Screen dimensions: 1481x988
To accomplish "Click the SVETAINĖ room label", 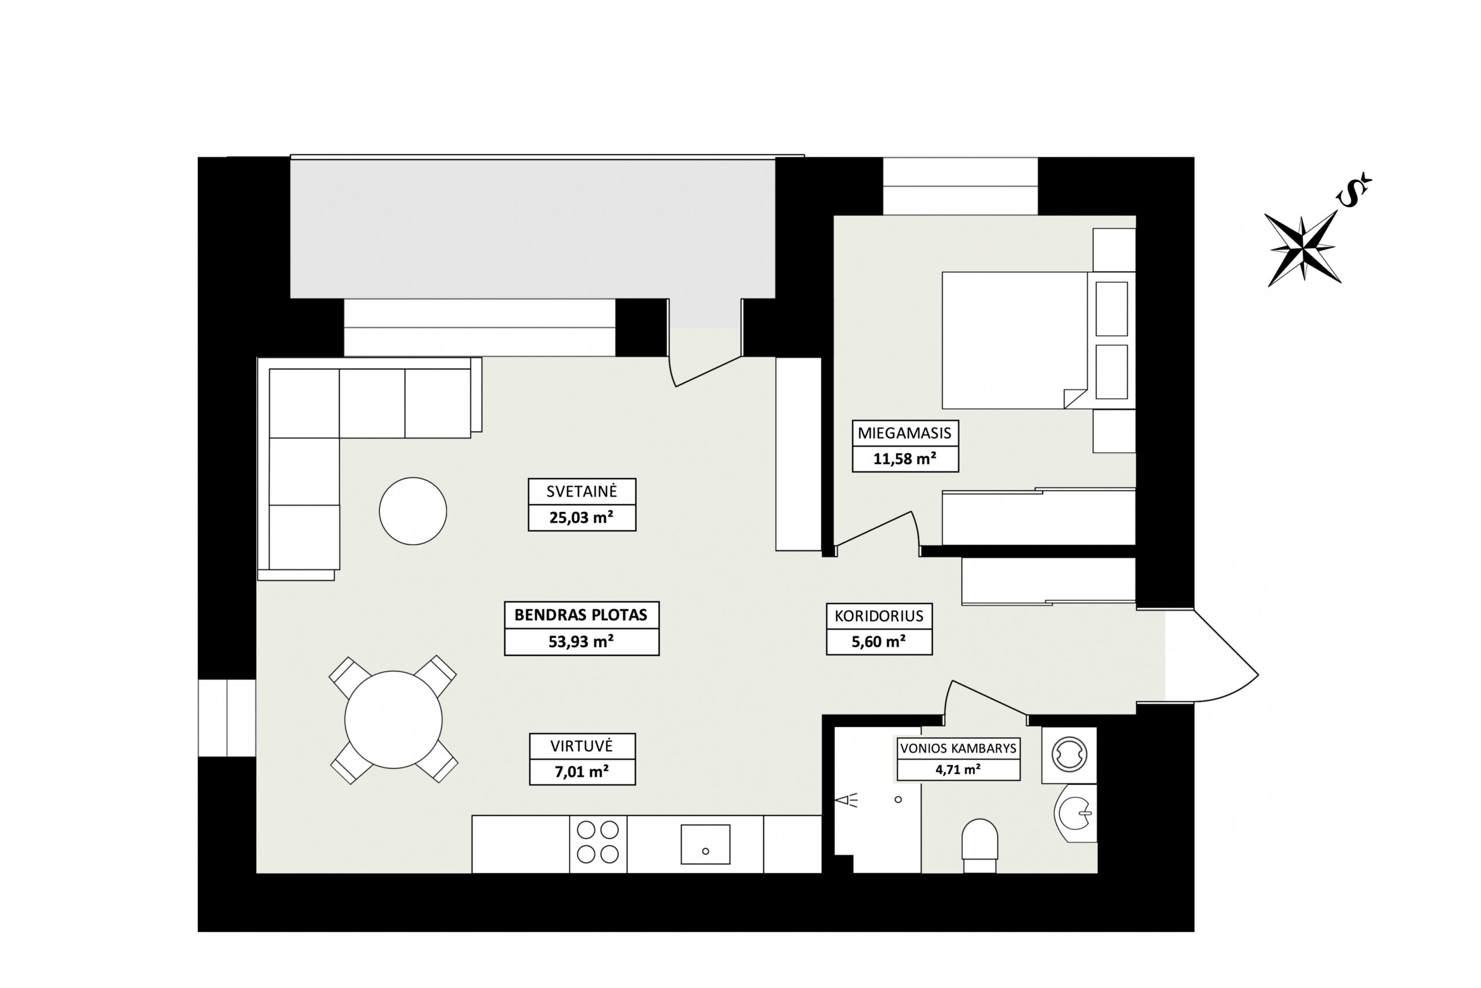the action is click(581, 491).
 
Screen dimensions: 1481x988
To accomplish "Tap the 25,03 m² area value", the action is click(581, 517).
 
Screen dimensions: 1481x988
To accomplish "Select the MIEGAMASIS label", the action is click(904, 433).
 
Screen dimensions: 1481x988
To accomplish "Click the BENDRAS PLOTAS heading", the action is click(581, 615).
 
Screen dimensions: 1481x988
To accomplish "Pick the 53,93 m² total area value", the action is click(581, 641).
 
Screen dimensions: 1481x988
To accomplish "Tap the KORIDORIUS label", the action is click(879, 616).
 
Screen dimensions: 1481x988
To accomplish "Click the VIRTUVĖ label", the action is click(581, 746).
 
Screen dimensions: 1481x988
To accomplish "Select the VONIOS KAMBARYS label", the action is click(959, 748).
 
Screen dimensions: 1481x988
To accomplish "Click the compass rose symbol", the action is click(1303, 248).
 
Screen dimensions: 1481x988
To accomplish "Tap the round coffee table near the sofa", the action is click(413, 511).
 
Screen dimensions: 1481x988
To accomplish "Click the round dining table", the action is click(393, 719).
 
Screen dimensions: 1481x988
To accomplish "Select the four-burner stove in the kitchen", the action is click(598, 844).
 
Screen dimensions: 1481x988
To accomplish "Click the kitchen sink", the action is click(705, 844).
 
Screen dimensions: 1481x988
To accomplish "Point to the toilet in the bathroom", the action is click(980, 845).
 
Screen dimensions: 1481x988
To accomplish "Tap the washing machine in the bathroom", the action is click(1069, 755).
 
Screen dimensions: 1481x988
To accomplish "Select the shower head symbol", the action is click(846, 801).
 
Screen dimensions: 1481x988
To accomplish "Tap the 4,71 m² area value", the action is click(959, 769).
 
